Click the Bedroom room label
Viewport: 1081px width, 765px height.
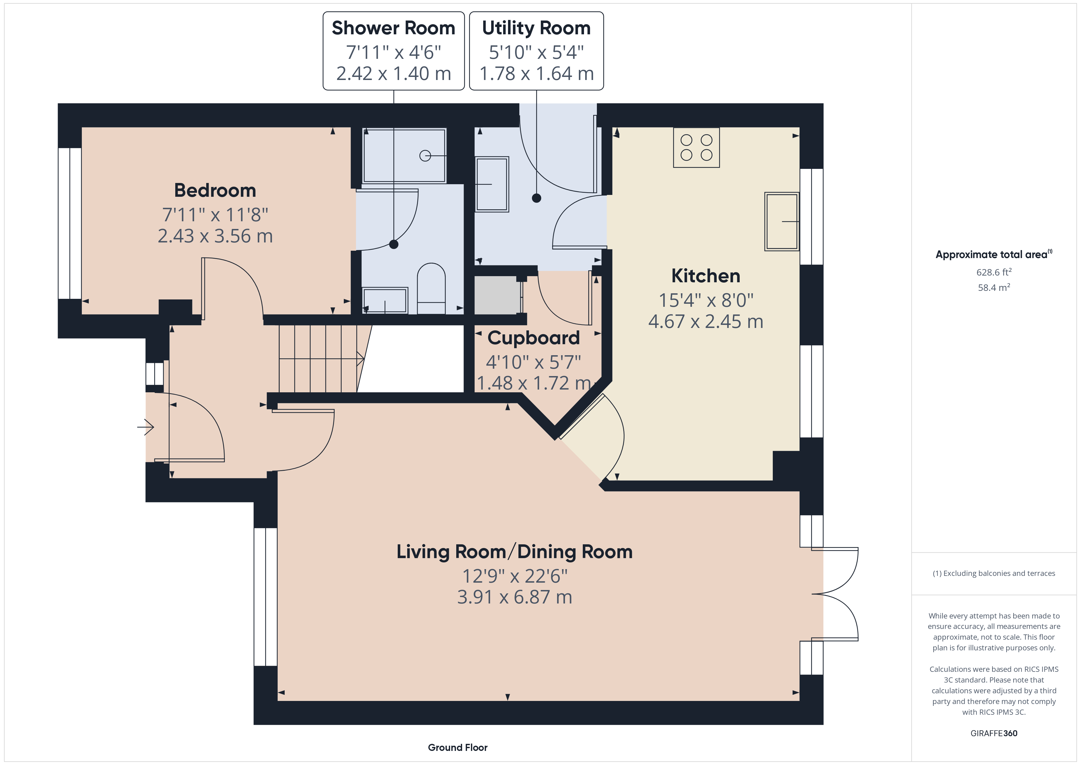point(215,191)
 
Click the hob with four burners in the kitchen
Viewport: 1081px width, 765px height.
point(696,147)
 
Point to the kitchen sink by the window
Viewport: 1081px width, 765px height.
point(782,221)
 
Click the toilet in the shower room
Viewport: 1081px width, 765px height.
point(431,288)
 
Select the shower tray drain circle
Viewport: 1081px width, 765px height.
point(425,155)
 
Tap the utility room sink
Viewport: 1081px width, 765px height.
point(492,184)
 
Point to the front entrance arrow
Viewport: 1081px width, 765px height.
point(146,427)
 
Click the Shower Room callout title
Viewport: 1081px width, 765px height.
point(394,28)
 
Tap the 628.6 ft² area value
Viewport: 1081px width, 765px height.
point(994,272)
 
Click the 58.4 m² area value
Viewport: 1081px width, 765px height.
point(994,287)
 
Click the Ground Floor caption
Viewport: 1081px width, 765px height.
point(458,748)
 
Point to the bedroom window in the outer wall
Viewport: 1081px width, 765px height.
point(70,223)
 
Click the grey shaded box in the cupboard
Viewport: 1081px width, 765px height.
point(498,295)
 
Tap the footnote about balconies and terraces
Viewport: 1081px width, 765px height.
point(994,573)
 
